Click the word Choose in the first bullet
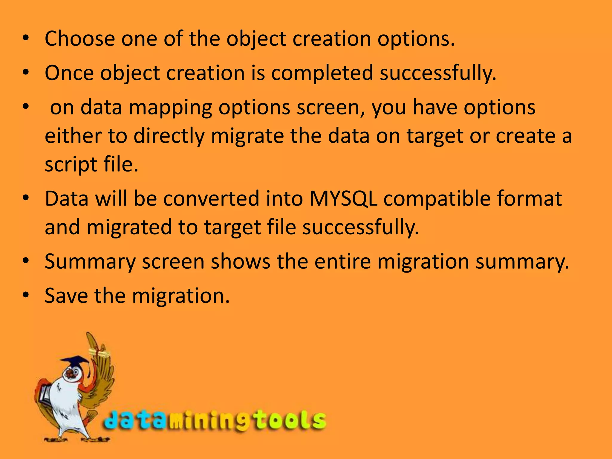pos(80,39)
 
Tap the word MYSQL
pos(343,199)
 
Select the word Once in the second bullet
pos(69,73)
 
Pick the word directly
pos(169,136)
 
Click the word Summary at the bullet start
pos(90,262)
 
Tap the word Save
pos(66,296)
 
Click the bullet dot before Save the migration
pos(26,295)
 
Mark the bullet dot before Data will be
pos(26,198)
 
